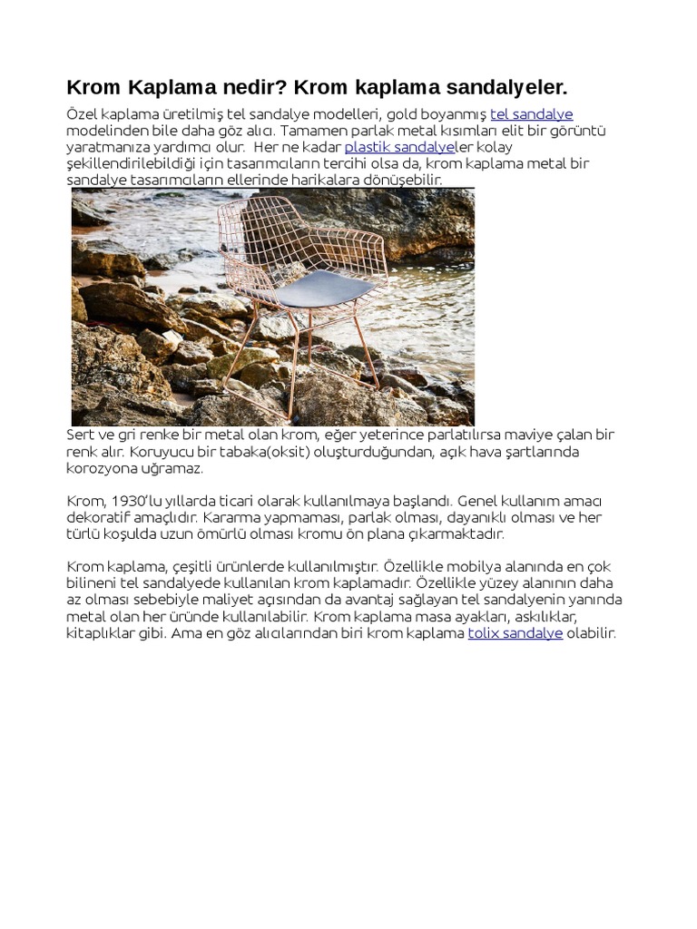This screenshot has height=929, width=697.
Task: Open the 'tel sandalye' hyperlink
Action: [x=531, y=114]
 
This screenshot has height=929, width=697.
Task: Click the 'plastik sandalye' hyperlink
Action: [x=399, y=147]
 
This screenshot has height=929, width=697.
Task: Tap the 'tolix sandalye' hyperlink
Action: [x=515, y=633]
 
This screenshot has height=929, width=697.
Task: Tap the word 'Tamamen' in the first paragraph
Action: [x=317, y=131]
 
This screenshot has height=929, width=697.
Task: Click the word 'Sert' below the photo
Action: [x=80, y=435]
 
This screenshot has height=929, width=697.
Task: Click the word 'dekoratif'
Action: [x=100, y=517]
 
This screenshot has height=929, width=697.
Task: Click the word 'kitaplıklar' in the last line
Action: [x=100, y=633]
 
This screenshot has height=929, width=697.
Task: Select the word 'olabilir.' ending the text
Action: [x=592, y=633]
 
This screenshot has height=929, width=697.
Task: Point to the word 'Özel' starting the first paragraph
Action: [x=82, y=114]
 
